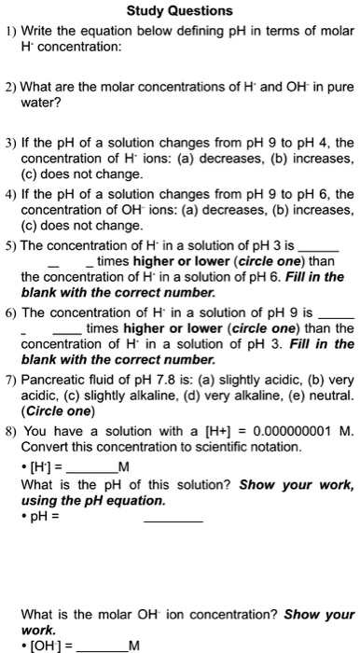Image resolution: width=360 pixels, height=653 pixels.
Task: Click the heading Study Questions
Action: point(180,11)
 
